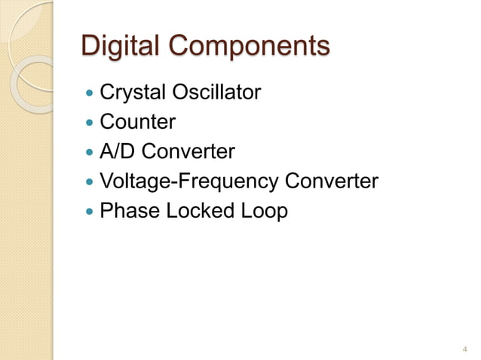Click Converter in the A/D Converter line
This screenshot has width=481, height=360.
click(x=188, y=152)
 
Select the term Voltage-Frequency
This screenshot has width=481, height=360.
click(x=188, y=182)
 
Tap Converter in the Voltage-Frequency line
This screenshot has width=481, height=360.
click(x=330, y=182)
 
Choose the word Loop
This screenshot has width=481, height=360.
click(x=263, y=212)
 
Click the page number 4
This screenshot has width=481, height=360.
click(x=464, y=348)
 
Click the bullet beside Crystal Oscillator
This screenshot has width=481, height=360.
click(x=90, y=94)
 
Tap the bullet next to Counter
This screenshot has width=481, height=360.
click(x=90, y=124)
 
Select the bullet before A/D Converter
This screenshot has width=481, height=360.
click(x=90, y=153)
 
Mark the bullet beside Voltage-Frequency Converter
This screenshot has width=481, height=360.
click(x=90, y=183)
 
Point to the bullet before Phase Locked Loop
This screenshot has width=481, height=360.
click(x=90, y=212)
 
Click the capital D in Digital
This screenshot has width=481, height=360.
click(x=90, y=46)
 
